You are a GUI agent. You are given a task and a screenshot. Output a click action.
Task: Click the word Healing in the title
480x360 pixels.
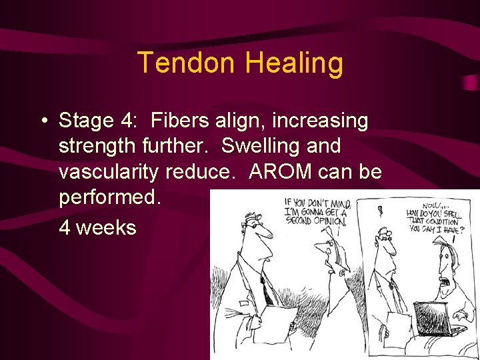pos(294,63)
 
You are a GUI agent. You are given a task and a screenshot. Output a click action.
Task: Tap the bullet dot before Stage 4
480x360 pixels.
pos(43,121)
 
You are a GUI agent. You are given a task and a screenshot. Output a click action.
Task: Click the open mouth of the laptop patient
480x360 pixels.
pos(443,281)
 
